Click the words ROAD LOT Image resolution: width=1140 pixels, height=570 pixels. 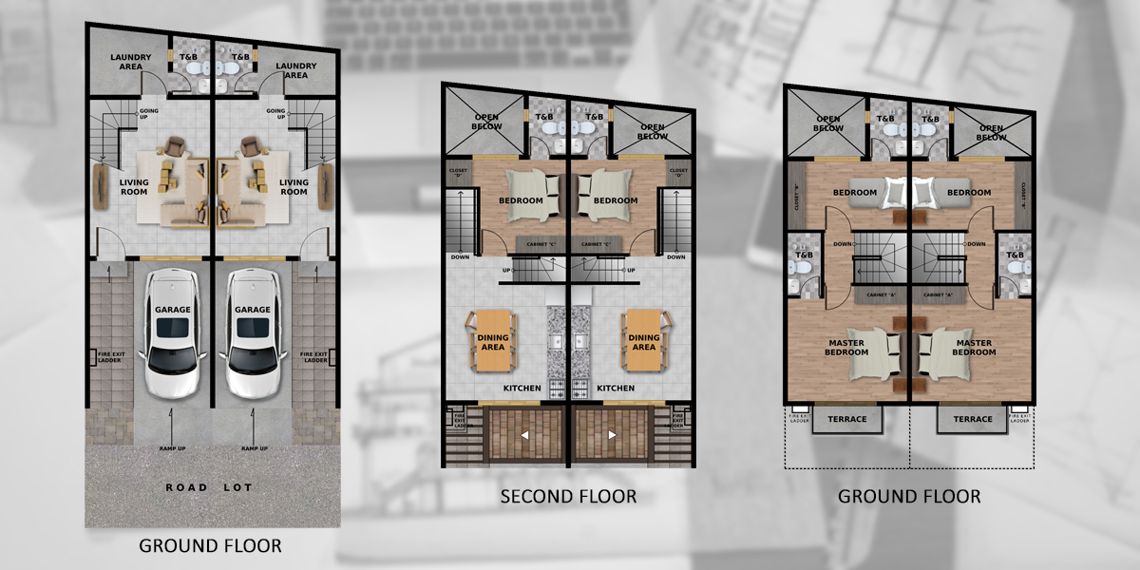(209, 487)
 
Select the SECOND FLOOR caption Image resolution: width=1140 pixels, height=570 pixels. (568, 496)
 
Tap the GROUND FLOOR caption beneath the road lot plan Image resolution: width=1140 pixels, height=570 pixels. (210, 545)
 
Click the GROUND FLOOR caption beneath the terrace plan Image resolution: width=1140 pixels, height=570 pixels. (909, 496)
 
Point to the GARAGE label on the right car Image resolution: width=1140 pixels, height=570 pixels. (253, 310)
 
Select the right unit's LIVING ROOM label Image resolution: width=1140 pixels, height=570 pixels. (294, 187)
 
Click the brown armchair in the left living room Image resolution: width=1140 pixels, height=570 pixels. (175, 146)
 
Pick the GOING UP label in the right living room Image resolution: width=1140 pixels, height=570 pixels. (276, 115)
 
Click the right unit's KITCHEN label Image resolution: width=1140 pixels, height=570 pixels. (616, 389)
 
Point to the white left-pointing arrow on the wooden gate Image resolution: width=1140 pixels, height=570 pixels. (526, 435)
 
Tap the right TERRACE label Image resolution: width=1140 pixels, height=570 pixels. (973, 419)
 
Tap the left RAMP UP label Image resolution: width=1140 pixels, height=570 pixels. (171, 447)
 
